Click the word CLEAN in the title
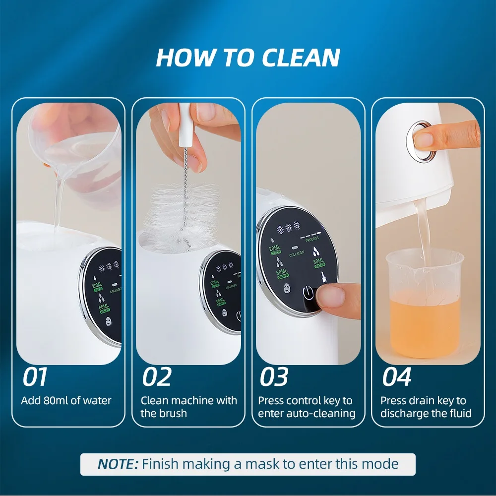click(301, 58)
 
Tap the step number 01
click(35, 377)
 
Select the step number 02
click(157, 377)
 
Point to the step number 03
click(274, 377)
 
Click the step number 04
click(396, 377)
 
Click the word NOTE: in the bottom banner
click(118, 464)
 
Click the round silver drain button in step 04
click(423, 140)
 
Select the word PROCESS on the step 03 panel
click(311, 239)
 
